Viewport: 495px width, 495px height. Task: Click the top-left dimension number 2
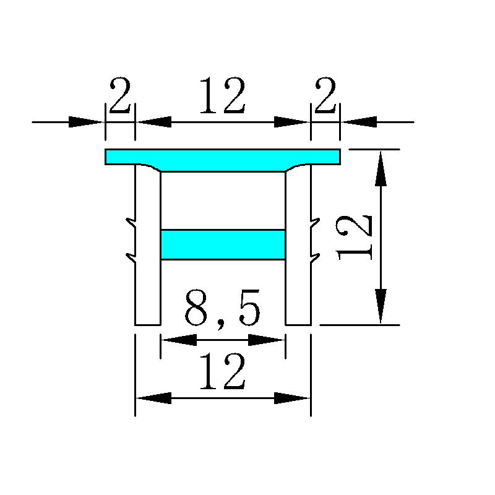pos(120,95)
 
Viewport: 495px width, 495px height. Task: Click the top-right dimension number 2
pos(325,95)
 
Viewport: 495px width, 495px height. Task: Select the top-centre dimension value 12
pos(223,95)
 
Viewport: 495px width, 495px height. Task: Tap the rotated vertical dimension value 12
pos(354,238)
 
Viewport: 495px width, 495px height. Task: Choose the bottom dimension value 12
pos(223,371)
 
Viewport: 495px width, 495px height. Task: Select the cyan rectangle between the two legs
pos(223,244)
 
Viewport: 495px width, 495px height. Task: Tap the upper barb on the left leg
pos(131,223)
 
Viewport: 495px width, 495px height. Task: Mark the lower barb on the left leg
pos(131,258)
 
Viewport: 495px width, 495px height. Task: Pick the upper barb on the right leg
pos(315,223)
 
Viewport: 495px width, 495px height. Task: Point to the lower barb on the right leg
pos(315,258)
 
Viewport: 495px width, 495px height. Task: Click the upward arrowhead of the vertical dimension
pos(381,168)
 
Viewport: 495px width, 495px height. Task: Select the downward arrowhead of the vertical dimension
pos(381,306)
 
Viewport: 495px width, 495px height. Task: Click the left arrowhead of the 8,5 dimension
pos(179,340)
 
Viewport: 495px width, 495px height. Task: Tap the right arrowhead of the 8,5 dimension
pos(266,340)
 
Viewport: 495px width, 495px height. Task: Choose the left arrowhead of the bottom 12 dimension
pos(153,398)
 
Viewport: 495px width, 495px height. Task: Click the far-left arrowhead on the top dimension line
pos(86,122)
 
